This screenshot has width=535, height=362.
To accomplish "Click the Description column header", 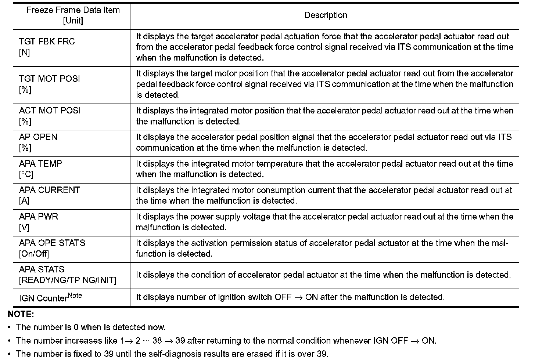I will point(326,15).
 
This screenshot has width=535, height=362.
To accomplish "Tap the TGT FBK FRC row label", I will point(47,42).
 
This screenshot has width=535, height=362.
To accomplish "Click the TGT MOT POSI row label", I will point(49,79).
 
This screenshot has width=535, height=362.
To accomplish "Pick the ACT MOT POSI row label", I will point(50,111).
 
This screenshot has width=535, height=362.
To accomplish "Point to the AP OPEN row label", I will point(38,137).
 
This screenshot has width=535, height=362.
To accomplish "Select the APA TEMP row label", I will point(40,164).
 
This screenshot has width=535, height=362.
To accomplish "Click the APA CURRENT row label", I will point(49,190).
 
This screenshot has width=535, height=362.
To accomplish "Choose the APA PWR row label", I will point(39,217).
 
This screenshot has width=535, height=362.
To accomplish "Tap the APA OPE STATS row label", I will point(52,243).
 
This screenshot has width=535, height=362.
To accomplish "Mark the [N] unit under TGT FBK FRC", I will point(24,53).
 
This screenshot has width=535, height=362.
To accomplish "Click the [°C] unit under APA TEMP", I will point(26,174).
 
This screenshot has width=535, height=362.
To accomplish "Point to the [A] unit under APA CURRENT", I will point(24,201).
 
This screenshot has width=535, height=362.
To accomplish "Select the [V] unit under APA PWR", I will point(24,227).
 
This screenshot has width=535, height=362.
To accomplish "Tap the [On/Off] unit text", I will point(34,254).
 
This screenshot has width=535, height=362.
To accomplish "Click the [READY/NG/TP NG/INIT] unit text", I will point(67,280).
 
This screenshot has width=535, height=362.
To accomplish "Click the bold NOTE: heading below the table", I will point(21,314).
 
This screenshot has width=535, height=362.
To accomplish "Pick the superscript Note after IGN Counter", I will point(75,295).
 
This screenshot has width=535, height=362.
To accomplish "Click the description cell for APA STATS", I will point(323,275).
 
